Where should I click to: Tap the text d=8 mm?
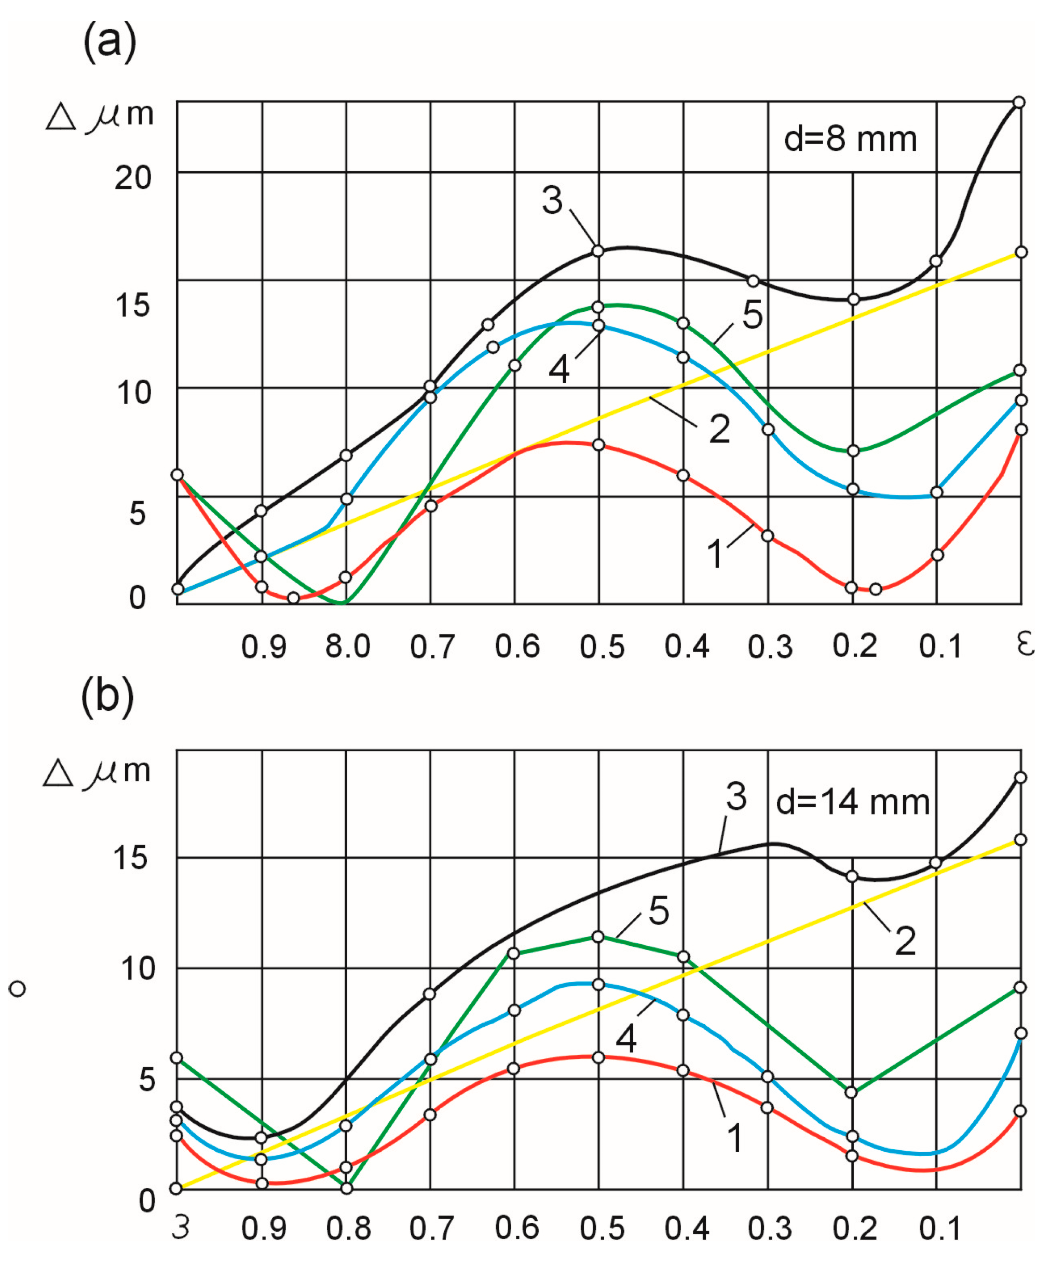(850, 140)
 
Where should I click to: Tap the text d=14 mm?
(852, 803)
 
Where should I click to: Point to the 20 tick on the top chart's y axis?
(133, 178)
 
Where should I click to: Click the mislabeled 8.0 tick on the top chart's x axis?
(347, 646)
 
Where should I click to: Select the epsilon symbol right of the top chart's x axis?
(1025, 645)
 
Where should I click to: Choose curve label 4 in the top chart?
(559, 369)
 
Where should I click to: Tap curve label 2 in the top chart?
(719, 429)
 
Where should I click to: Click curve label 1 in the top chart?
(716, 554)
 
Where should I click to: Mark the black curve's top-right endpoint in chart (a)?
(1019, 102)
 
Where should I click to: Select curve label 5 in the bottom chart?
(659, 910)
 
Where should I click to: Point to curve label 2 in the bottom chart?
(904, 940)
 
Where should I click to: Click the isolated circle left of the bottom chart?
(18, 988)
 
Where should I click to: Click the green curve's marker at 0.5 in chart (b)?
(598, 937)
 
